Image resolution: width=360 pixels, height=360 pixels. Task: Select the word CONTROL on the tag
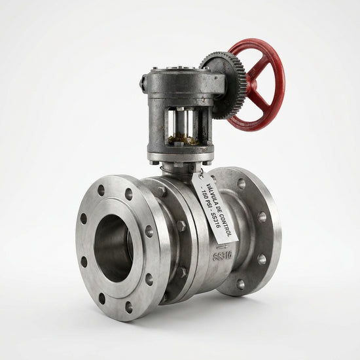(226, 225)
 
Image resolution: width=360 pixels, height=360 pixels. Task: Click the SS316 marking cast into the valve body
(223, 255)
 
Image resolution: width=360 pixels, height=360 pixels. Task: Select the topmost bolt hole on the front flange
(101, 190)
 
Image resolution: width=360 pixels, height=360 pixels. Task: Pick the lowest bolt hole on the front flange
(128, 307)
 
